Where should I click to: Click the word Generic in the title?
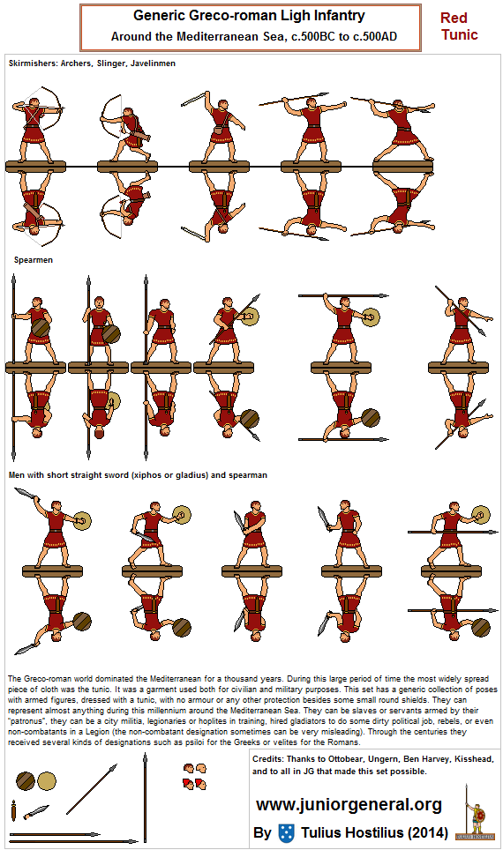click(162, 16)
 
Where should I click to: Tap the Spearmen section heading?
click(33, 260)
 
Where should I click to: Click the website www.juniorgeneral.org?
click(349, 804)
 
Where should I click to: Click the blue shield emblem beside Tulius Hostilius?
click(285, 832)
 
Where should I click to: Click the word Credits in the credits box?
click(269, 758)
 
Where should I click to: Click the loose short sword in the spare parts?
click(36, 810)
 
